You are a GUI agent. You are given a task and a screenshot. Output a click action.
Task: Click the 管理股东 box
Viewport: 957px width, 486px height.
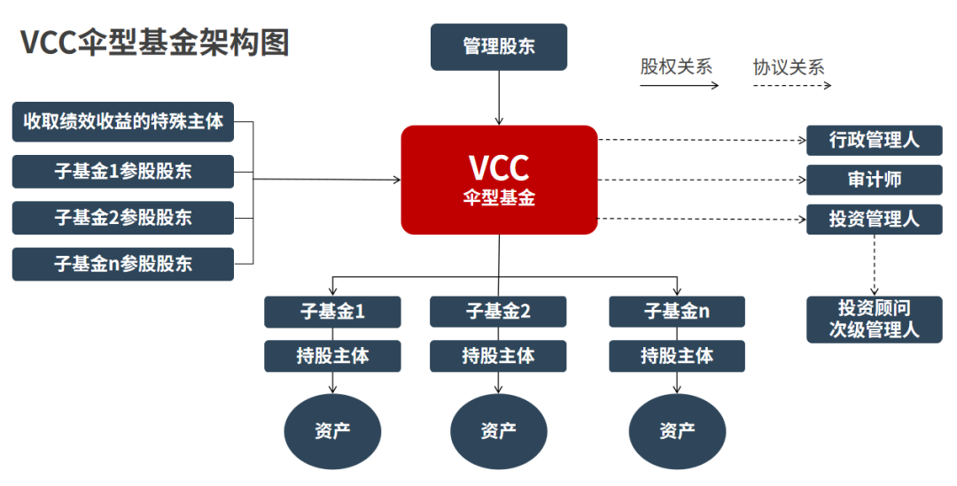(498, 47)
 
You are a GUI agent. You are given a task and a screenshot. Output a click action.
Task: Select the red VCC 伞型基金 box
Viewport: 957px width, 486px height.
(499, 180)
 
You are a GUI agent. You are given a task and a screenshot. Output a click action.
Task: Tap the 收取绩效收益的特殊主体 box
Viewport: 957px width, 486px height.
(123, 121)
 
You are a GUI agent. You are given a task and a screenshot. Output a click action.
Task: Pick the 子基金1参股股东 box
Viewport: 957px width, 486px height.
(123, 172)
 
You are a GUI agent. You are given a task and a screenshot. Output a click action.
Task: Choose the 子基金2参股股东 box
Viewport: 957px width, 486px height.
(123, 218)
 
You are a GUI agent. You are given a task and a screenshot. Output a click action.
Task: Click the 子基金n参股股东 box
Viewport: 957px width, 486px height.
(123, 264)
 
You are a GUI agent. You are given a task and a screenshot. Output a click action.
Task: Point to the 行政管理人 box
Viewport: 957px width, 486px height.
(873, 140)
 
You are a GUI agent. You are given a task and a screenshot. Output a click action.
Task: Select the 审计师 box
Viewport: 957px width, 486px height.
(873, 180)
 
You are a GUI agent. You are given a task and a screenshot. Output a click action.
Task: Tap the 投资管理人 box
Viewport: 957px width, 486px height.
(873, 220)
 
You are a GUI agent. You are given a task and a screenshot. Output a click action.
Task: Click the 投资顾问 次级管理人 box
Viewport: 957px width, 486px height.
(873, 320)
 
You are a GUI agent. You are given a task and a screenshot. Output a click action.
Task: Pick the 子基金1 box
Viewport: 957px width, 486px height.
(332, 312)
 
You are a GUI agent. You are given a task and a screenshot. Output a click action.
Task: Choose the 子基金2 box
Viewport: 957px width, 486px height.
(498, 312)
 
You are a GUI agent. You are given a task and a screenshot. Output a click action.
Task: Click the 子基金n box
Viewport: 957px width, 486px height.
(677, 312)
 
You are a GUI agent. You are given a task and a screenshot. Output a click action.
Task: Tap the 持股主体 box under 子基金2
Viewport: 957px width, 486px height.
(498, 356)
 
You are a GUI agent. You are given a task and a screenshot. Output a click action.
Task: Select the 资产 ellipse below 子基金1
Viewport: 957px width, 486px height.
(332, 431)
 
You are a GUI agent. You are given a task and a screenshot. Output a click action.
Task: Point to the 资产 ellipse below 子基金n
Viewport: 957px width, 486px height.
(677, 431)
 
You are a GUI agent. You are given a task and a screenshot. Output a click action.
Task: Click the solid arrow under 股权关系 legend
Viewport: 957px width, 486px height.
(679, 86)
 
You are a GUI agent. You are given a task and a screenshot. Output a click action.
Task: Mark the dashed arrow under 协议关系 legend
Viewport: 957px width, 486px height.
(792, 86)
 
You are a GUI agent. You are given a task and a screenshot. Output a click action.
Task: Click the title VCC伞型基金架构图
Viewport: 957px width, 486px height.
(155, 42)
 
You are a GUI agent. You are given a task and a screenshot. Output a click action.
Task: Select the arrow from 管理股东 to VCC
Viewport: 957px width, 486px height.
(499, 97)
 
